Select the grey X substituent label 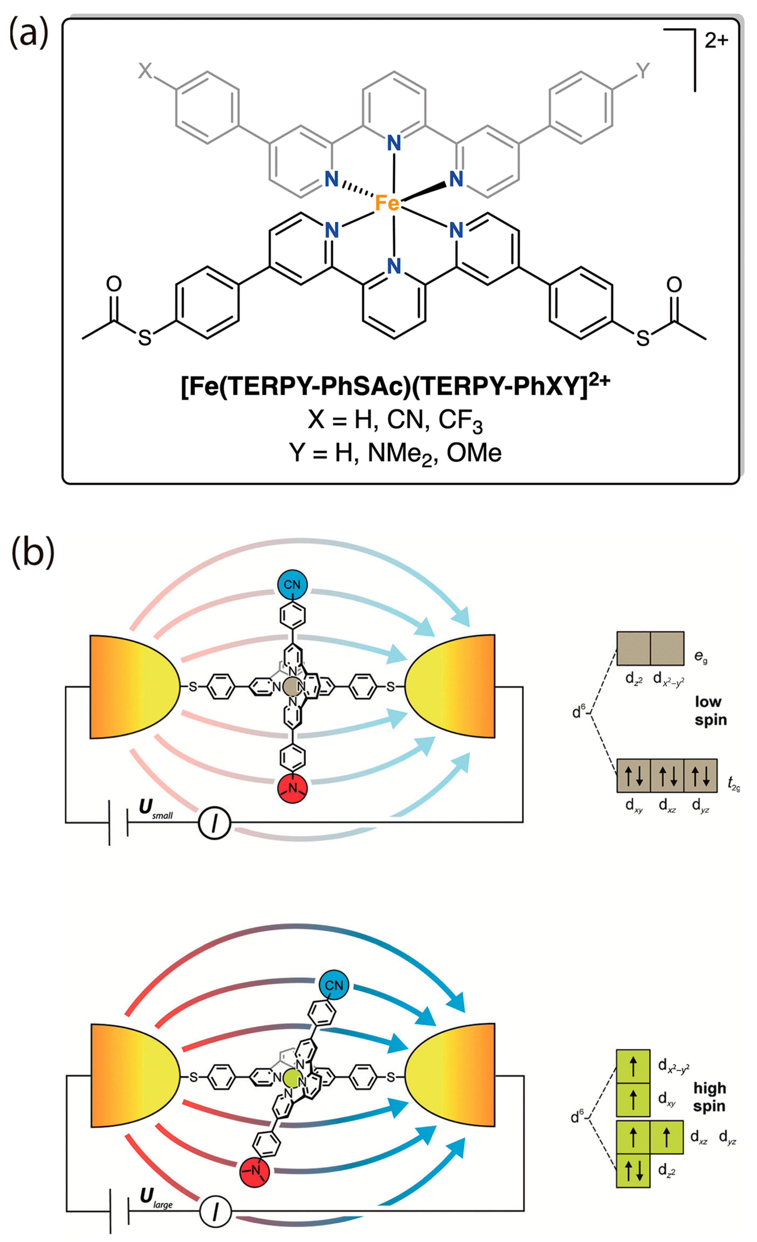click(145, 71)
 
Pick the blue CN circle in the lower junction click(334, 985)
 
